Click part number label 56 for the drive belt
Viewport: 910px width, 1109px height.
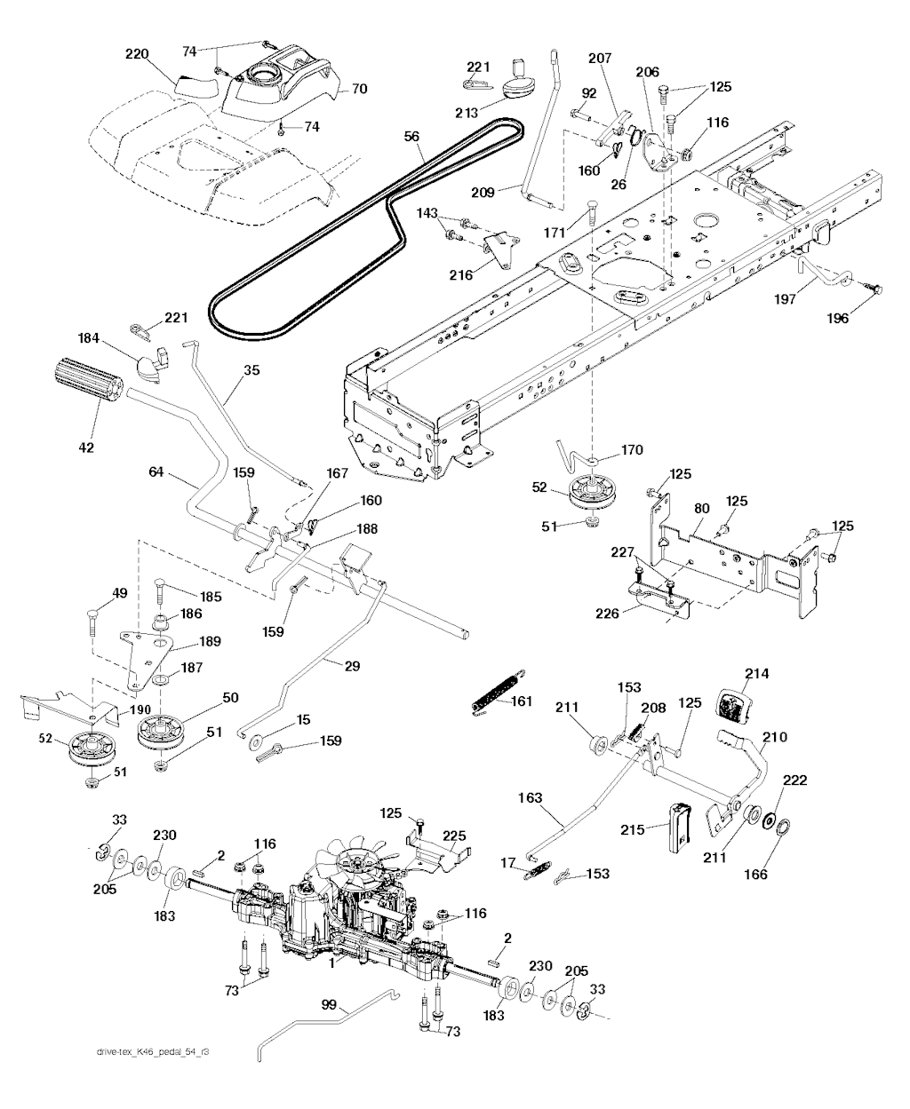411,137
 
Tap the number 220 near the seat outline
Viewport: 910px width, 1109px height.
137,54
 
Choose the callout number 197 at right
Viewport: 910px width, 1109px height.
785,299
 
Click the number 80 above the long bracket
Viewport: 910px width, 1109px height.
701,509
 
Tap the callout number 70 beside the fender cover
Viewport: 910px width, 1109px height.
359,89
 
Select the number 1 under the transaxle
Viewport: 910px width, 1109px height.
331,963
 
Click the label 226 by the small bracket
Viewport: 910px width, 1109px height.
607,614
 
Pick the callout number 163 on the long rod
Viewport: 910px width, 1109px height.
530,797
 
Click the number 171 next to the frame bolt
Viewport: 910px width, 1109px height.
555,232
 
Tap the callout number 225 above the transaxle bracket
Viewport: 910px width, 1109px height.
454,836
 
